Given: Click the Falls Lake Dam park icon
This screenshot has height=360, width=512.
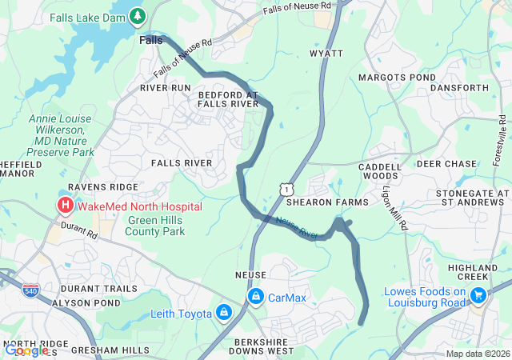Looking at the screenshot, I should (138, 15).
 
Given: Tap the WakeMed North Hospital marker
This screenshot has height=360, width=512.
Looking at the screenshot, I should (64, 206).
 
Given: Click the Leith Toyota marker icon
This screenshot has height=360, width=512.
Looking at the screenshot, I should (224, 313).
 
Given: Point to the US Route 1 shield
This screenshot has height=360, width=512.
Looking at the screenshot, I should (285, 187).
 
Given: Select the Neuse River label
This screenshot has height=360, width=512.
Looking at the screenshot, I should (297, 228).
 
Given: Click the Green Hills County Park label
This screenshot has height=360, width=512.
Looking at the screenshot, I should (155, 226).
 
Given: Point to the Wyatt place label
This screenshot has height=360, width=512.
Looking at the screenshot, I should (326, 54).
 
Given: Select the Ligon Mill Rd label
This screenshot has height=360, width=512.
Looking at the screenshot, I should (396, 210).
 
